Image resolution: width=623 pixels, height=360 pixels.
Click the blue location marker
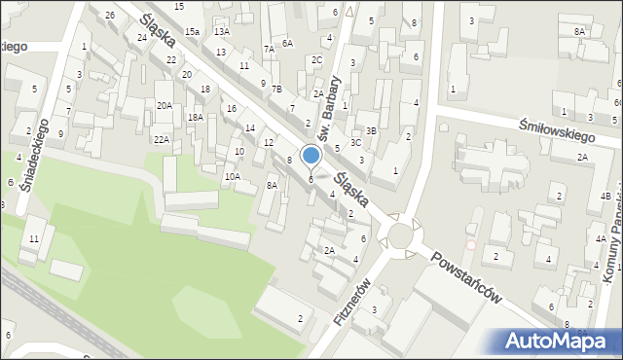click(x=311, y=156)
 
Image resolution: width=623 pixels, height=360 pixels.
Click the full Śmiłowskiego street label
click(x=557, y=123)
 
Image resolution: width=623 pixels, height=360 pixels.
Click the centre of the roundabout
click(x=400, y=234)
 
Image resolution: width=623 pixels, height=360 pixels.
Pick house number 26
click(x=110, y=15)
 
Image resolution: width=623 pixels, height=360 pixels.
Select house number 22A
click(x=160, y=139)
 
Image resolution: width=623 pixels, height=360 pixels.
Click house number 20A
click(x=165, y=105)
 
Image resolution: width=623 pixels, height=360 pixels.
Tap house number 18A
click(x=196, y=117)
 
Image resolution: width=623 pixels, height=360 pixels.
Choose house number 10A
click(x=232, y=176)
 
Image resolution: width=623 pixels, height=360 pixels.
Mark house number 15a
click(x=193, y=32)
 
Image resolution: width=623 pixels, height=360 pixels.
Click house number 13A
click(x=222, y=32)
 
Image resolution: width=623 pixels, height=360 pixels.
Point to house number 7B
click(x=277, y=90)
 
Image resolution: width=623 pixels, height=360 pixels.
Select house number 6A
click(x=287, y=43)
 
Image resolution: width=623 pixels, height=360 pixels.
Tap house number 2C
click(x=316, y=59)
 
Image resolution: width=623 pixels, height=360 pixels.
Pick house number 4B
click(x=605, y=197)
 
